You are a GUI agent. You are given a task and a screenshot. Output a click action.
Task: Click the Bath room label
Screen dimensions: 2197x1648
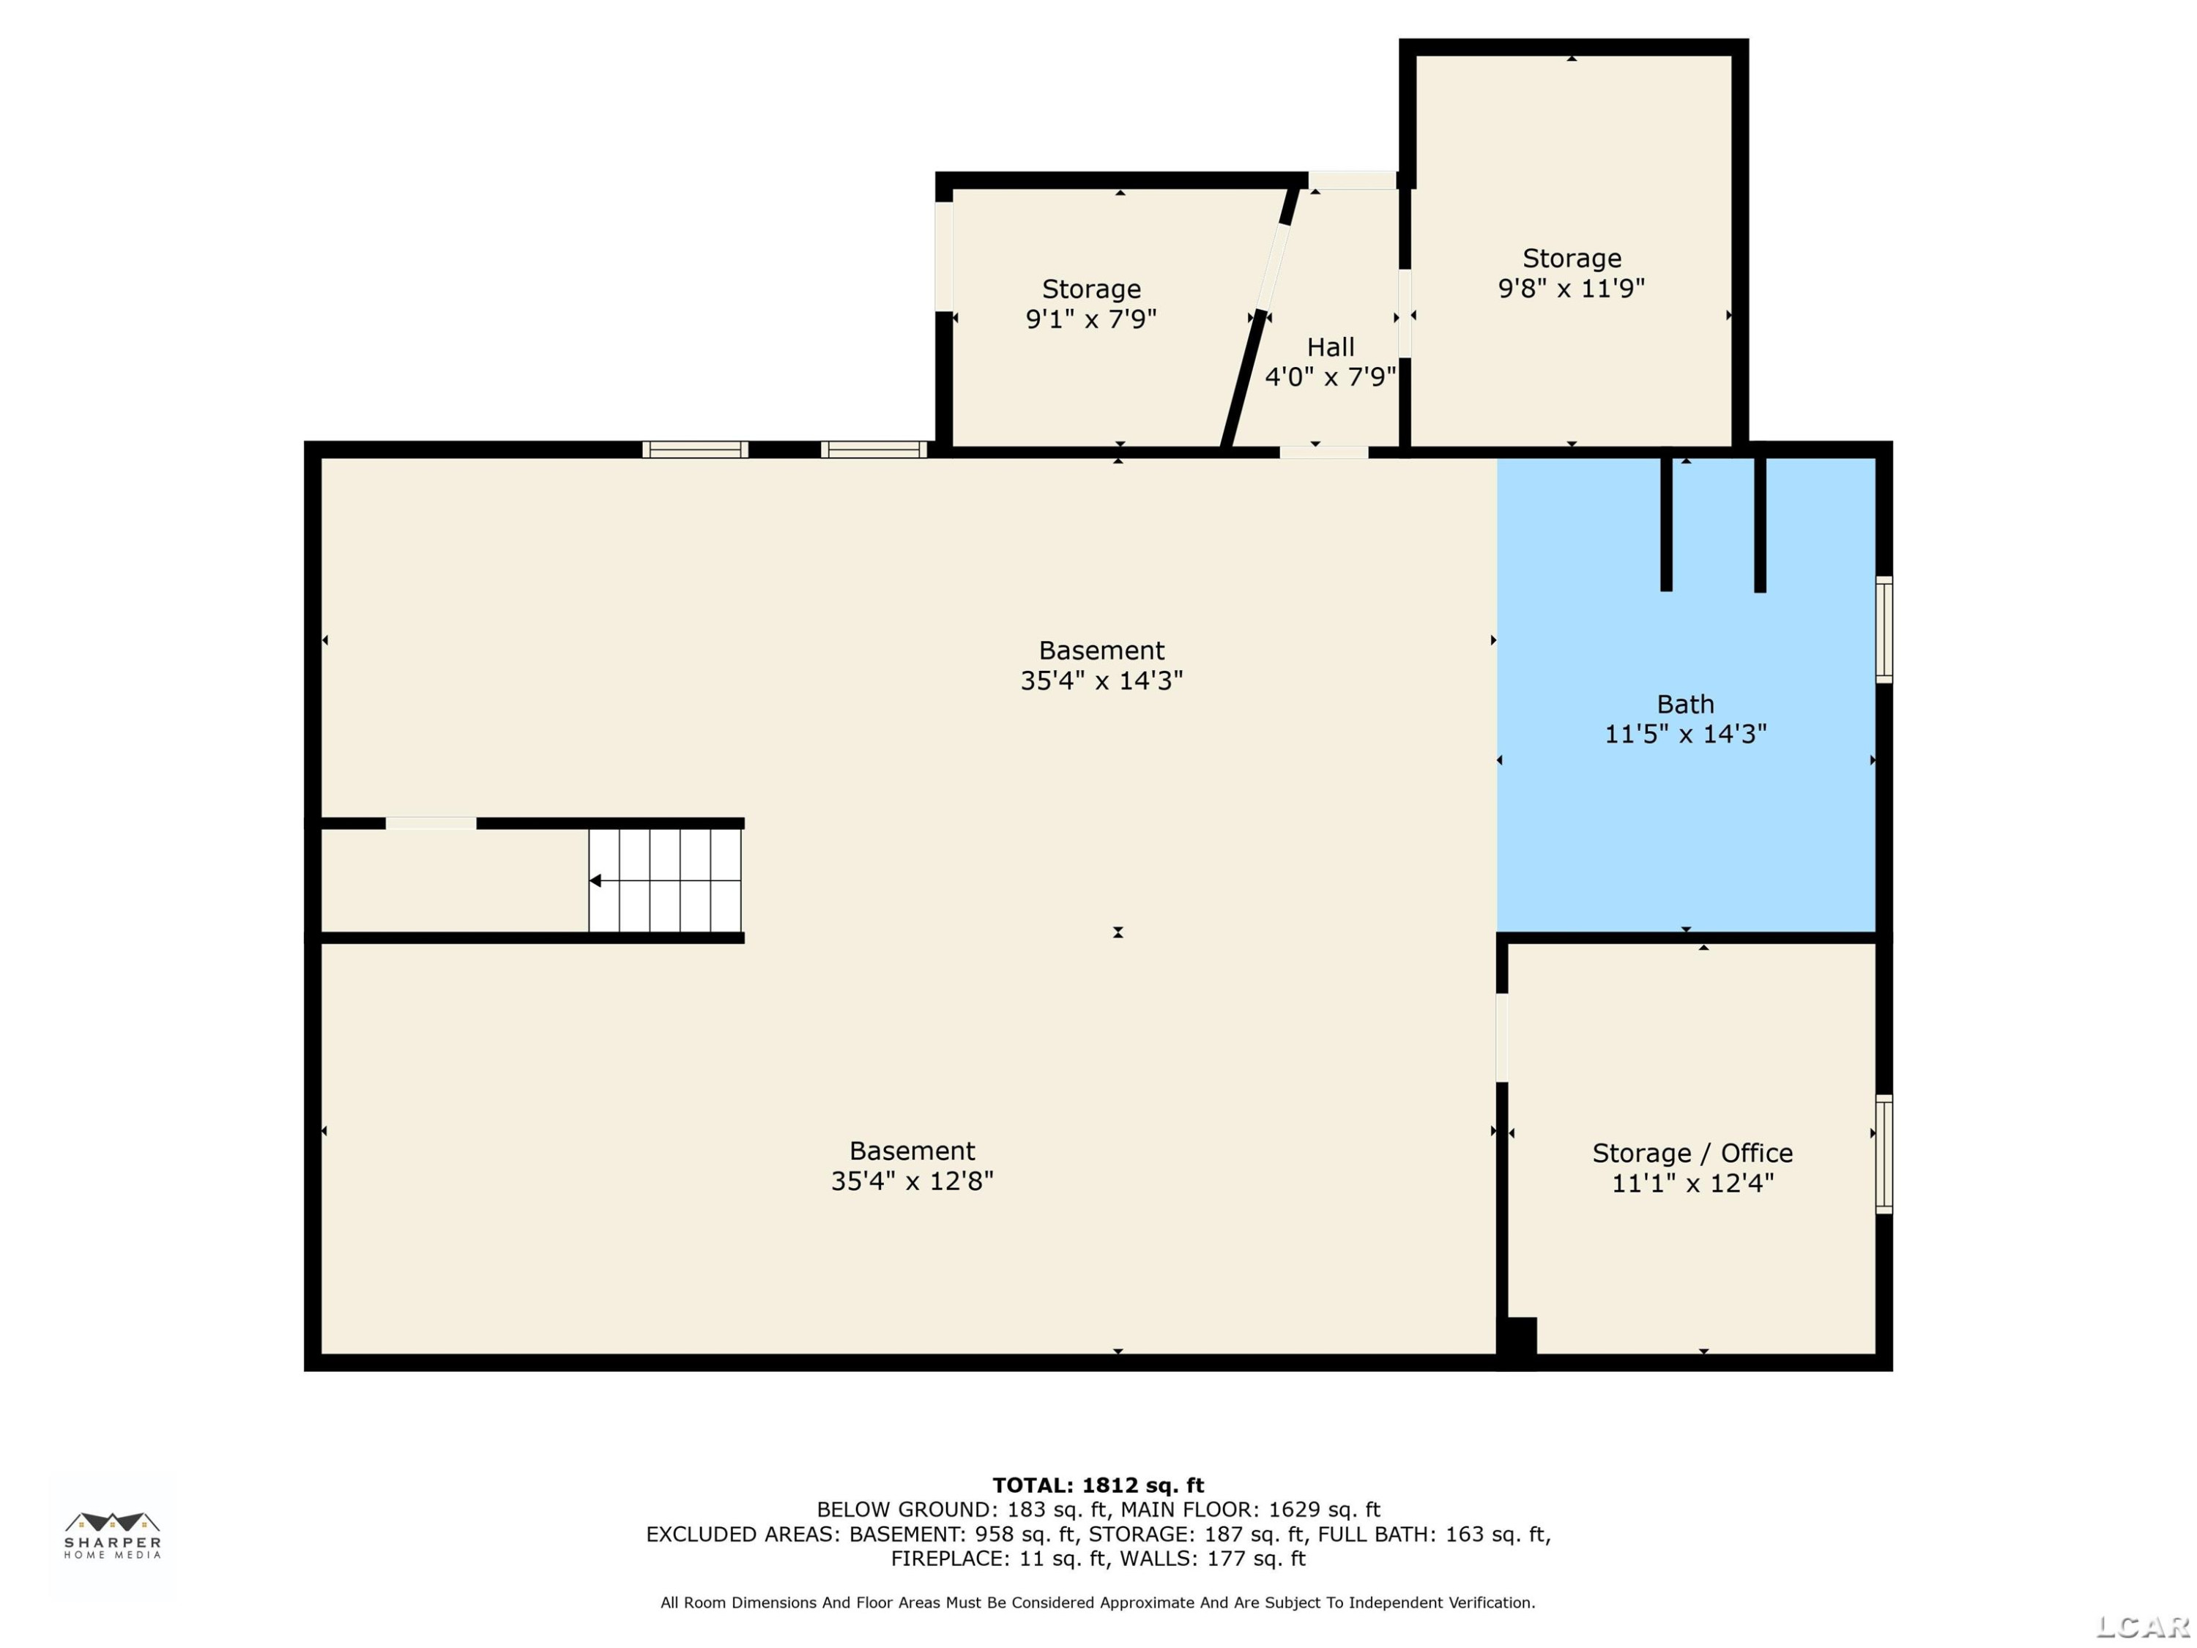(x=1686, y=705)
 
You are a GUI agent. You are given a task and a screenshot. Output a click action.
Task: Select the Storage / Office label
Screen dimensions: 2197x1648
(x=1692, y=1154)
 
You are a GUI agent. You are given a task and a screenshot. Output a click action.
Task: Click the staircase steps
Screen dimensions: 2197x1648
(x=664, y=881)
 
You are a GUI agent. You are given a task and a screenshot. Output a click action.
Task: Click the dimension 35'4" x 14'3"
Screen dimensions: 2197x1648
(x=1101, y=680)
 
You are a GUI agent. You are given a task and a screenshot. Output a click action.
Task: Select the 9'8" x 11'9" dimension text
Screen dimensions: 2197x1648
(x=1572, y=288)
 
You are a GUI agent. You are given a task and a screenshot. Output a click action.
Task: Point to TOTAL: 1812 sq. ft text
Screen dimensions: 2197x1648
(x=1098, y=1485)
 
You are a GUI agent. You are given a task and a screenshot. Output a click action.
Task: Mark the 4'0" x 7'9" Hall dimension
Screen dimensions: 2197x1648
(x=1330, y=377)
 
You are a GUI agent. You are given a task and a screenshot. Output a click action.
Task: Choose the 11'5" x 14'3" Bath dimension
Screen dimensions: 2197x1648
(x=1686, y=734)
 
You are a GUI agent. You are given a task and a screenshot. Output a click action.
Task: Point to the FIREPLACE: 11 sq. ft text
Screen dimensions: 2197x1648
(x=998, y=1559)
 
